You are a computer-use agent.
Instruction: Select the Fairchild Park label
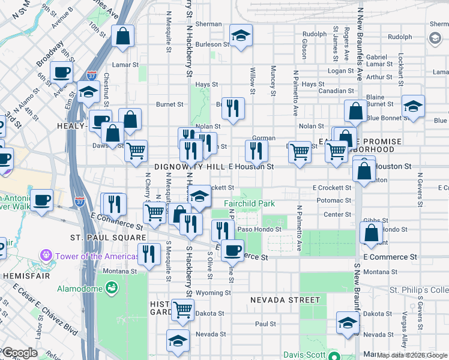pyautogui.click(x=249, y=203)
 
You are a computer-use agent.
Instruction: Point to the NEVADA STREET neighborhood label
pyautogui.click(x=285, y=299)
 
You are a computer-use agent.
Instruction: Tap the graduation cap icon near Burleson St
pyautogui.click(x=241, y=35)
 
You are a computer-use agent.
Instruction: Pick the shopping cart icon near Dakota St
pyautogui.click(x=183, y=310)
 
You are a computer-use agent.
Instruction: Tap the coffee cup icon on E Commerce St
pyautogui.click(x=232, y=250)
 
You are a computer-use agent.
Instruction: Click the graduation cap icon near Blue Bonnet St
pyautogui.click(x=412, y=106)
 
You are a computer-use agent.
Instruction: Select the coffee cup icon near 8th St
pyautogui.click(x=61, y=73)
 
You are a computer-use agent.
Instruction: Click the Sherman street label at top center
pyautogui.click(x=208, y=24)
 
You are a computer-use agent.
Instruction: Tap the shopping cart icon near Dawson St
pyautogui.click(x=136, y=150)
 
